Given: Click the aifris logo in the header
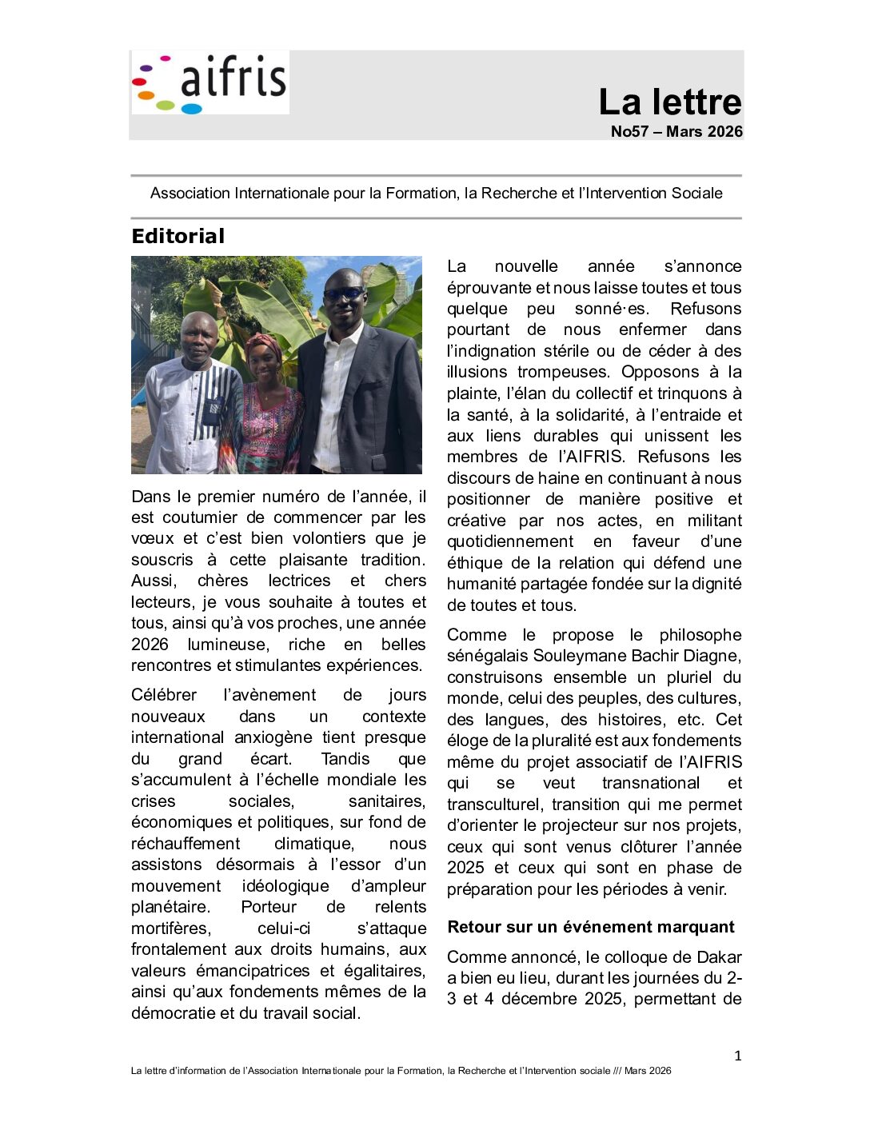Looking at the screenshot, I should coord(210,82).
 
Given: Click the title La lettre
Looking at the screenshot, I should coord(670,102).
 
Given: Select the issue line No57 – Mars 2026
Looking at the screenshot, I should coord(676,132).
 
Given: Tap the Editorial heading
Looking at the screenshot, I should coord(178,237).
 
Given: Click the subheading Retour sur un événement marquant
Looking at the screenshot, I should coord(590,927).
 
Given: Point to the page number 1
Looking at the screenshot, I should coord(738,1056).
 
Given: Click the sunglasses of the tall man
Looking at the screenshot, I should coord(344,293).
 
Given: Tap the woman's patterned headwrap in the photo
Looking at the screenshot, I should coord(264,345).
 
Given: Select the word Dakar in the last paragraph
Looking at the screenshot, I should coord(720,957).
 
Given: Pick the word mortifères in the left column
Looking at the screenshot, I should coord(170,928).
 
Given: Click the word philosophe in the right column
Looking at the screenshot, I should coord(700,635).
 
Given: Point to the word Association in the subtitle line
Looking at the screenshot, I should coord(190,194).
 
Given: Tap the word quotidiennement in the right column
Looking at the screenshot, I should coord(510,541).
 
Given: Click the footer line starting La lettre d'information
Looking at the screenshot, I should coord(401,1071).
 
